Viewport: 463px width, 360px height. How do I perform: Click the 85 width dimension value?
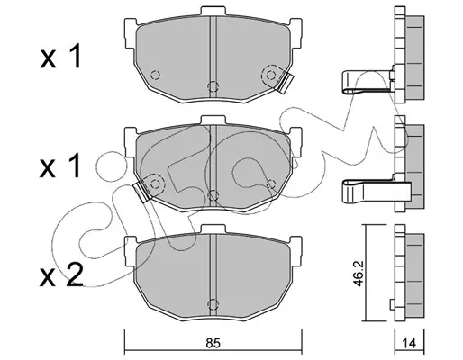[213, 343]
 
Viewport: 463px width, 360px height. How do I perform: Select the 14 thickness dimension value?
[409, 344]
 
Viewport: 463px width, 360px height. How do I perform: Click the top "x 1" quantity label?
[60, 56]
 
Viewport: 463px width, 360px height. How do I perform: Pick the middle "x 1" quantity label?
[60, 166]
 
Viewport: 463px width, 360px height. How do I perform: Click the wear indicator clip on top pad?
[285, 83]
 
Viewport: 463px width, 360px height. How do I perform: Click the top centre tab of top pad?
[213, 11]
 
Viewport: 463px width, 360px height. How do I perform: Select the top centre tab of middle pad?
[213, 120]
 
